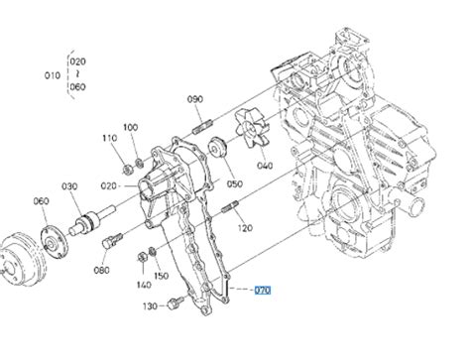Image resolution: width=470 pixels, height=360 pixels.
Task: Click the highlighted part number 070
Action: (263, 291)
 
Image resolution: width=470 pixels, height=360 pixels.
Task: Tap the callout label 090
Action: (195, 99)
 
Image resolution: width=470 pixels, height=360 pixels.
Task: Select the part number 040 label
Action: (265, 166)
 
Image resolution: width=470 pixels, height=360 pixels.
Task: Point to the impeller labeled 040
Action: (253, 129)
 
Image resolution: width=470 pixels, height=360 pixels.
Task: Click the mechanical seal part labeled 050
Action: (217, 147)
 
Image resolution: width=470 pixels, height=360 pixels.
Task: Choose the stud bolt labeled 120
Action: (230, 207)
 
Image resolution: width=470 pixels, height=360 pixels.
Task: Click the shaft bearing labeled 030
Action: (91, 220)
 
